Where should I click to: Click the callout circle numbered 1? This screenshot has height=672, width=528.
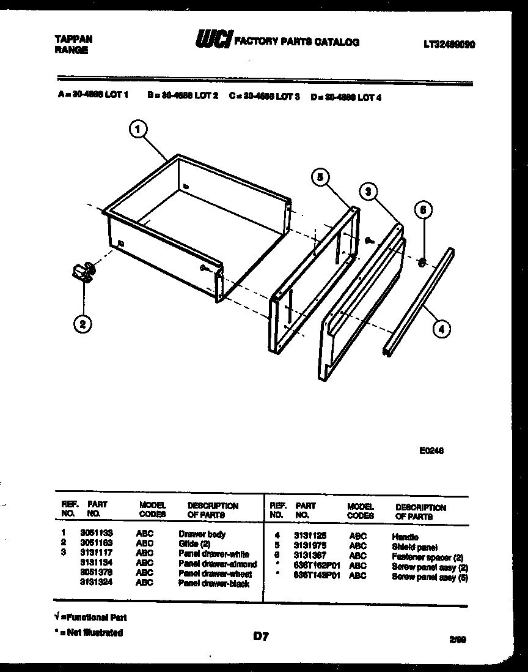(139, 130)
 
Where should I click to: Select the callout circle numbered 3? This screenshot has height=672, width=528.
(367, 191)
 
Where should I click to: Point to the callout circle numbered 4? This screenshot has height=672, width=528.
(441, 329)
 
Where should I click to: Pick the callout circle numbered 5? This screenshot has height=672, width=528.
(320, 177)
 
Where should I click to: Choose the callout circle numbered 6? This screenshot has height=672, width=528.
(423, 210)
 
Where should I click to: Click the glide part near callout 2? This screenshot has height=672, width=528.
(82, 272)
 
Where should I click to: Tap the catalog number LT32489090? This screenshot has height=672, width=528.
(449, 45)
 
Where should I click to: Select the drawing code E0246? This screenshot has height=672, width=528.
(431, 450)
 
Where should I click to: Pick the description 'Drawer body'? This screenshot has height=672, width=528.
(202, 534)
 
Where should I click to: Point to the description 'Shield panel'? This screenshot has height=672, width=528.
(415, 547)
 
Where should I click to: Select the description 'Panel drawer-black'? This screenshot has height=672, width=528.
(214, 583)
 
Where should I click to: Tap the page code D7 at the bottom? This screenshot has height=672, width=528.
(261, 637)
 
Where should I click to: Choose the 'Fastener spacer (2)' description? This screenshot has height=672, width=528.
(428, 557)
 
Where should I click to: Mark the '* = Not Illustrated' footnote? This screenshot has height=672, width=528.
(89, 633)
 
